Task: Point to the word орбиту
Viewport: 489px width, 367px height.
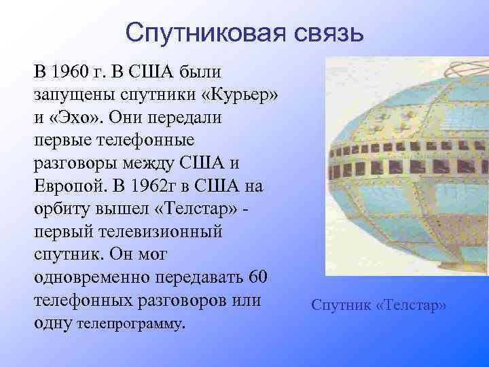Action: [65, 209]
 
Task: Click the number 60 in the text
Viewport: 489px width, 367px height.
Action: [259, 279]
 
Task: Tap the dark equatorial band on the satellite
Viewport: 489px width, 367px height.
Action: [407, 167]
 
